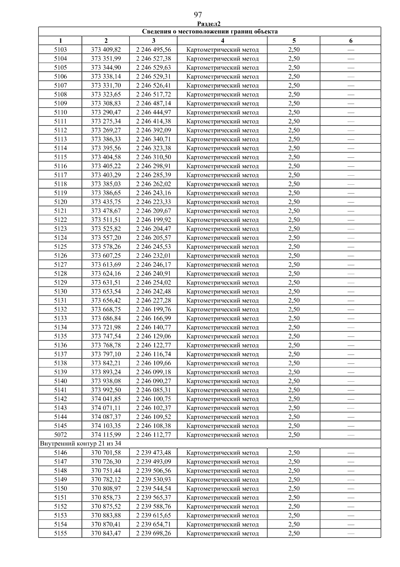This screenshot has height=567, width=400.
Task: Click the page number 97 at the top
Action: tap(198, 15)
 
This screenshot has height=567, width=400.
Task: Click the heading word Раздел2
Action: tap(209, 24)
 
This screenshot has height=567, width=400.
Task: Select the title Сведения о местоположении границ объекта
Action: tap(210, 32)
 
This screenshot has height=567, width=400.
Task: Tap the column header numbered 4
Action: tap(222, 41)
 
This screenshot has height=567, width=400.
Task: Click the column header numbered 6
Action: tap(351, 41)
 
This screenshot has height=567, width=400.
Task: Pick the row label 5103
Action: tap(60, 50)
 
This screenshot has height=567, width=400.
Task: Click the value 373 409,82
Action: tap(106, 50)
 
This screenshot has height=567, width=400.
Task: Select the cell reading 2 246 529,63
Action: tap(153, 67)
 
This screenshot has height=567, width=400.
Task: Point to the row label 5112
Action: tap(60, 130)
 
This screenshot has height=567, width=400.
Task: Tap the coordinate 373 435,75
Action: tap(106, 202)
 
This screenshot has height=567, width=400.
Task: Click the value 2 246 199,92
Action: tap(153, 220)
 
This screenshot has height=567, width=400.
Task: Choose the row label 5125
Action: tap(60, 247)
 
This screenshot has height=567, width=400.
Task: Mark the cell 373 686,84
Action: tap(106, 318)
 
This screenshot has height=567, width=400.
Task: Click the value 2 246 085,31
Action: tap(153, 390)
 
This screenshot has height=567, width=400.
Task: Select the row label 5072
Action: tap(60, 435)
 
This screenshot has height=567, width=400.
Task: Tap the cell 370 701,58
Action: tap(106, 453)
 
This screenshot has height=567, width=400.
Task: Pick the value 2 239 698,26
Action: tap(153, 533)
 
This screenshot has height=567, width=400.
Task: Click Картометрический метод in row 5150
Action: tap(222, 489)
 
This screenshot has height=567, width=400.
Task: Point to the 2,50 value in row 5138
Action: tap(294, 363)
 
